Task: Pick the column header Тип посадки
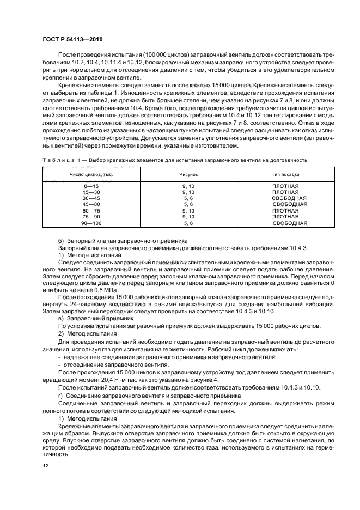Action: tap(285, 174)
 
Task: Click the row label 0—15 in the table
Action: tap(86, 186)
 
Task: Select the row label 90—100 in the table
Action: tap(86, 223)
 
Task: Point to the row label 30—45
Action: tap(86, 198)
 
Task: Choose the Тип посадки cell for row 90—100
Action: tap(290, 223)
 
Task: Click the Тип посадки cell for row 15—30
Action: tap(285, 192)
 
